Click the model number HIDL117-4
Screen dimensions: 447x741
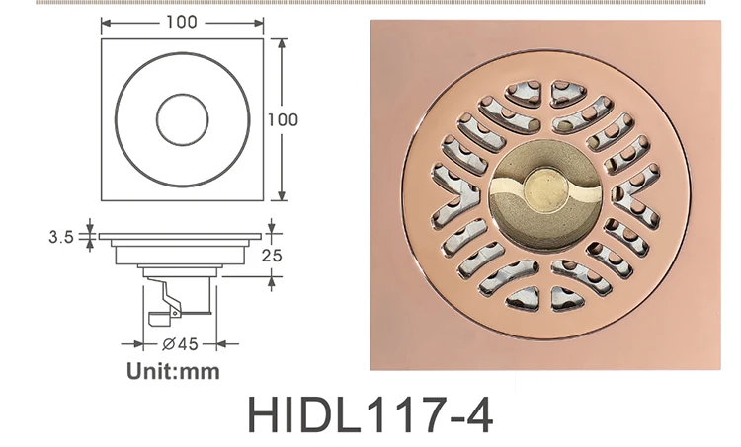370,414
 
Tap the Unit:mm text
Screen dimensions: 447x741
173,372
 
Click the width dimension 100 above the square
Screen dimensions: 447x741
181,21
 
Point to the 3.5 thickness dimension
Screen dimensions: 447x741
62,237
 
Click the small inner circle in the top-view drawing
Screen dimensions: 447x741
181,119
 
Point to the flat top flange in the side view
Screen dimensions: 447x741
181,237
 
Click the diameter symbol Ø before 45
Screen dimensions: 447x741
167,344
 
